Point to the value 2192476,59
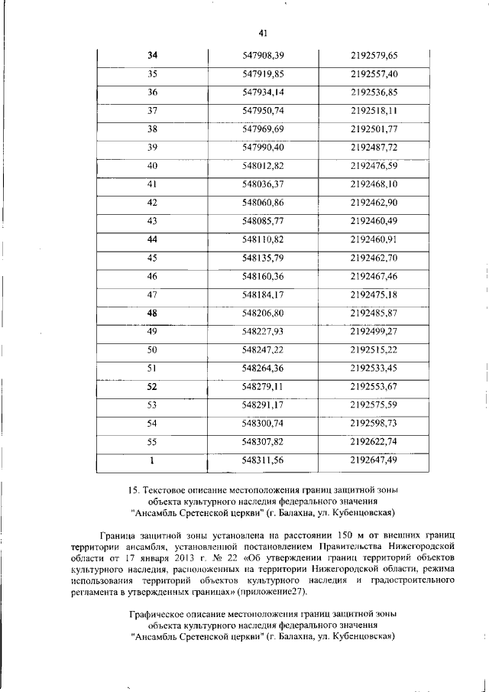click(374, 166)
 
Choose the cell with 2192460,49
click(374, 221)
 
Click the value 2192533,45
click(374, 368)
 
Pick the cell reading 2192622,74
click(374, 441)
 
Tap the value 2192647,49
click(374, 460)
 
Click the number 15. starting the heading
click(131, 489)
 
